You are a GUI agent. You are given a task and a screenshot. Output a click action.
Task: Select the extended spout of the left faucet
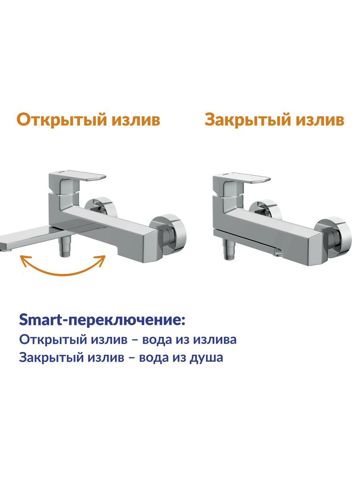pos(28,237)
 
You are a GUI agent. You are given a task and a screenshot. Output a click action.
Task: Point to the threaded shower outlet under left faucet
pos(64,246)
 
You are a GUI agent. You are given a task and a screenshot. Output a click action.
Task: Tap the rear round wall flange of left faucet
pos(100,208)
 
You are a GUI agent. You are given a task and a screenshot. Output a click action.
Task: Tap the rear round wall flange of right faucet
pos(265,210)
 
